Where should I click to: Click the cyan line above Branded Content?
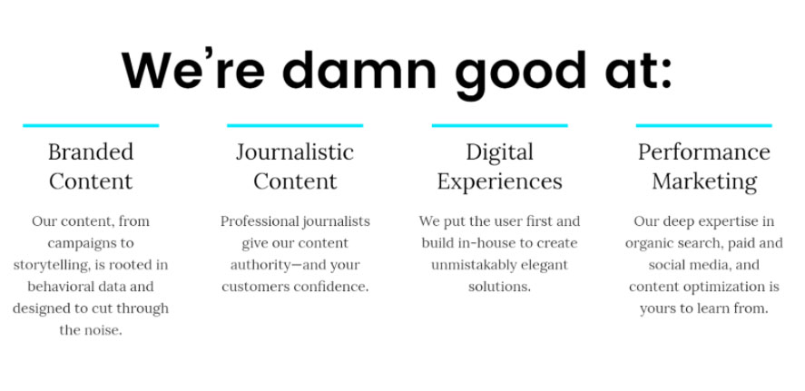pyautogui.click(x=91, y=125)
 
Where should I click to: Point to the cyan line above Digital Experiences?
pyautogui.click(x=499, y=125)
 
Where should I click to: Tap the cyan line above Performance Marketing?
pyautogui.click(x=703, y=125)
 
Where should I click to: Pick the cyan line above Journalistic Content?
pyautogui.click(x=295, y=125)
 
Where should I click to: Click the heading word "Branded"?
pyautogui.click(x=91, y=152)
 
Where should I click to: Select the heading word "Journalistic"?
pyautogui.click(x=295, y=152)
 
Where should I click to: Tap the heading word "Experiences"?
pyautogui.click(x=499, y=181)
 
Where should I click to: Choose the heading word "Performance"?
pyautogui.click(x=703, y=152)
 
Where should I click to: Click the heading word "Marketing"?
pyautogui.click(x=704, y=181)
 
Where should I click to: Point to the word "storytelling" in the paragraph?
pyautogui.click(x=54, y=265)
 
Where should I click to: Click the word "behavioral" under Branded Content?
pyautogui.click(x=63, y=287)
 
